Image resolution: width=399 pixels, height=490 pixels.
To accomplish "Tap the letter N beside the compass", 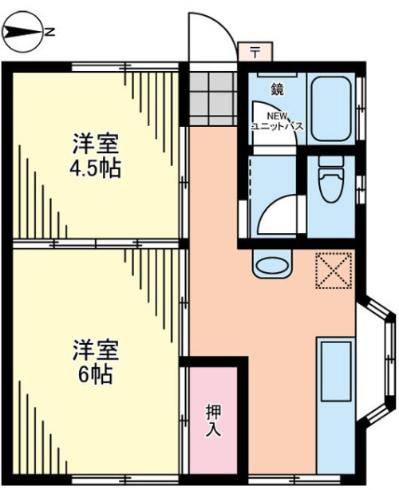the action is click(x=49, y=32).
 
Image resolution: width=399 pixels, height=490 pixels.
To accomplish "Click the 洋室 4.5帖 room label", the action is click(x=95, y=156).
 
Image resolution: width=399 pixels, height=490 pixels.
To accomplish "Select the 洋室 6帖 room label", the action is click(x=95, y=362).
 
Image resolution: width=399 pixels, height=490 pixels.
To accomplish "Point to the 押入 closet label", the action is click(x=213, y=420).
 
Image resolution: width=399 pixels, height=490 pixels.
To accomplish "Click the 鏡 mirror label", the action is click(x=277, y=90).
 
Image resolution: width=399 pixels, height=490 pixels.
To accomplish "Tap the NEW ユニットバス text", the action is click(x=278, y=121).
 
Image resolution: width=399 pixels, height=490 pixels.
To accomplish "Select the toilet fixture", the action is click(x=331, y=179).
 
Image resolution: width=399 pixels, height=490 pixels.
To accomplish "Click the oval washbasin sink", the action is click(x=272, y=264).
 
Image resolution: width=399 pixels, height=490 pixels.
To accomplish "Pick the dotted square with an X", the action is click(x=334, y=270).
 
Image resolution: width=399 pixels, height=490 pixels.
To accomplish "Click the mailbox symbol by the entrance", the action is click(x=255, y=52).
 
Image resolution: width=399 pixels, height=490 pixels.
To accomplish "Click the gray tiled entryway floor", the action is click(x=213, y=99).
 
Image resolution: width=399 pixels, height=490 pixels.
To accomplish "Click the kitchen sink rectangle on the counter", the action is click(x=336, y=371).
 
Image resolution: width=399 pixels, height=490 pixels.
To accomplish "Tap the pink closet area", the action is click(x=213, y=421).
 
